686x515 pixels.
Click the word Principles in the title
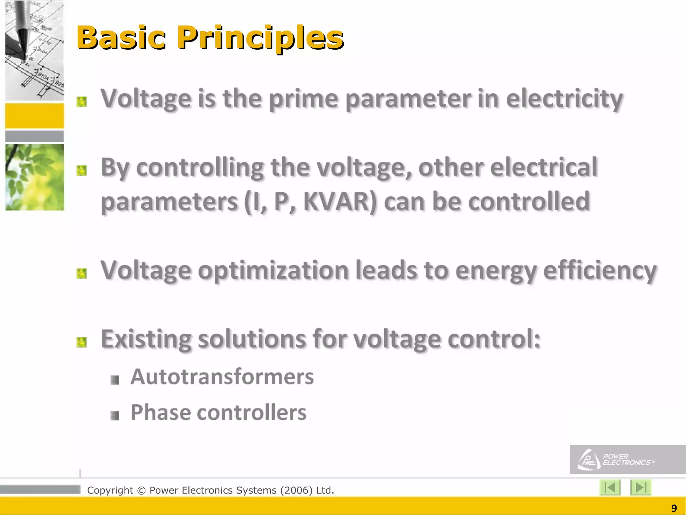coord(260,38)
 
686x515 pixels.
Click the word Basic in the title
coord(121,38)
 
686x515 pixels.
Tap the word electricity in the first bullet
coord(564,99)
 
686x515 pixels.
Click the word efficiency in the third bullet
coord(600,271)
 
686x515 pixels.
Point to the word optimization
coord(273,271)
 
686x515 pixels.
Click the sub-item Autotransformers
coord(222,377)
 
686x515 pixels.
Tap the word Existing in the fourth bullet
coord(146,339)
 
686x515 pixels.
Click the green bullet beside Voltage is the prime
coord(81,102)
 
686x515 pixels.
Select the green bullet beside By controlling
coord(81,171)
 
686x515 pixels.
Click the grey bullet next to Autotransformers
coord(115,380)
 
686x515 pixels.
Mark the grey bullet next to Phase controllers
coord(115,416)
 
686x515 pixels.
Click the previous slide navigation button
coord(610,488)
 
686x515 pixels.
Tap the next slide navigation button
coord(640,488)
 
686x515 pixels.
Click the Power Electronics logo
coord(616,460)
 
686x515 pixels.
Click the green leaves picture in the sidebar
coord(35,177)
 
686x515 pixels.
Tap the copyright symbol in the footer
coord(141,491)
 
